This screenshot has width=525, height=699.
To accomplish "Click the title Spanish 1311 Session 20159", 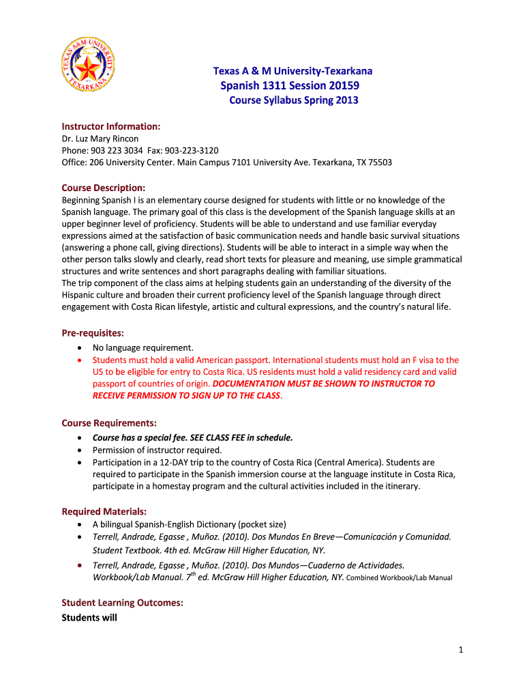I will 290,85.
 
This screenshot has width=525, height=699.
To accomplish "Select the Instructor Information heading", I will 111,126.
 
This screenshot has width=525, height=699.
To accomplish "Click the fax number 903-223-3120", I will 190,150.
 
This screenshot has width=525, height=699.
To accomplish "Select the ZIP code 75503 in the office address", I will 379,162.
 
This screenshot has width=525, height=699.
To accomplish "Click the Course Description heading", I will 103,188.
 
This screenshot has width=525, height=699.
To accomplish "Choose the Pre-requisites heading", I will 93,333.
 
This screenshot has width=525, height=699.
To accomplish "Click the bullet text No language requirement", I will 143,347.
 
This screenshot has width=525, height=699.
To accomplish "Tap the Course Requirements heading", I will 109,423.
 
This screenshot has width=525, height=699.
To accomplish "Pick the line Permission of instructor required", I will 157,450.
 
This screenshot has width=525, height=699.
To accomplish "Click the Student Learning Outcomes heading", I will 122,603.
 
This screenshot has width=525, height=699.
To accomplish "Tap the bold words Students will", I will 89,618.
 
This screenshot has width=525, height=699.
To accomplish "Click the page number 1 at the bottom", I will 461,650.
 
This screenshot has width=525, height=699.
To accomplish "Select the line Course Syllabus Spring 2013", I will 292,100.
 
